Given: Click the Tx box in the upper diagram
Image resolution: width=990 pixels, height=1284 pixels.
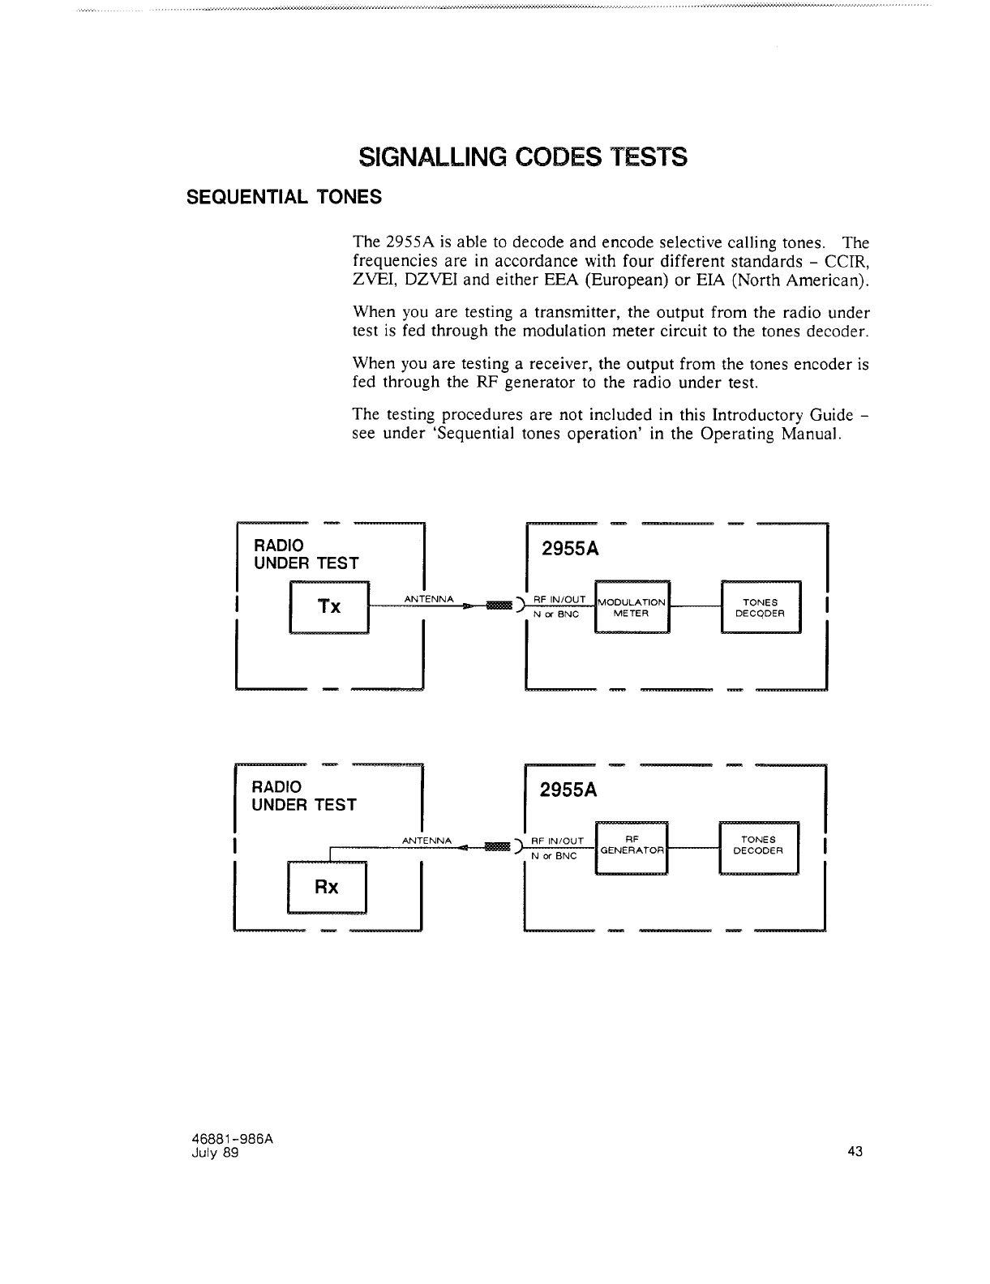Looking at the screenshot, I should point(329,607).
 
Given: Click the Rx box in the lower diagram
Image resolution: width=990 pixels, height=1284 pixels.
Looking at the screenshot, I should point(326,887).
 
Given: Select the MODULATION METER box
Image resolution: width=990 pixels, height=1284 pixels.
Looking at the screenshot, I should point(632,607).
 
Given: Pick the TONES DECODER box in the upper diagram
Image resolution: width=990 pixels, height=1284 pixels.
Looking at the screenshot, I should point(760,607).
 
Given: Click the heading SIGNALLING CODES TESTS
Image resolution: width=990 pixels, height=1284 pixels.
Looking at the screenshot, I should point(523,156).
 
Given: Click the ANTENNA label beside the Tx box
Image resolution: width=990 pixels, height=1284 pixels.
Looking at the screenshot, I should point(427,599).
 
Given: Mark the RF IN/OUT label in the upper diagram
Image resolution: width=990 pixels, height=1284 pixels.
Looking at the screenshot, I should point(559,599).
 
